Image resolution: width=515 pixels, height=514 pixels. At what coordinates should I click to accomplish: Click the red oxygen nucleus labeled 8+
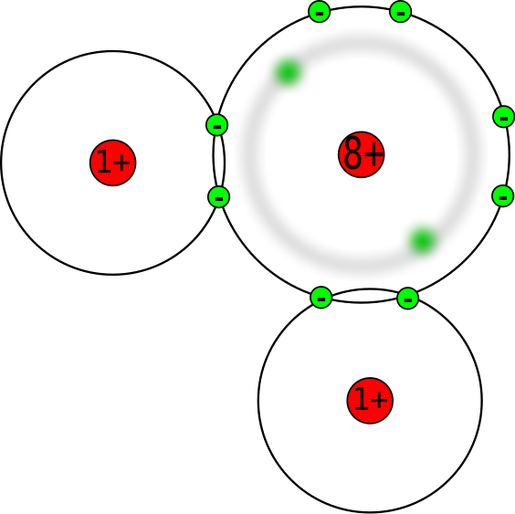click(x=362, y=154)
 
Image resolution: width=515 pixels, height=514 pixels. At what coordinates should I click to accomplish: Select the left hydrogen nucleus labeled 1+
click(x=113, y=163)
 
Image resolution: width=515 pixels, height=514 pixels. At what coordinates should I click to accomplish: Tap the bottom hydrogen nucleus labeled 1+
click(x=370, y=401)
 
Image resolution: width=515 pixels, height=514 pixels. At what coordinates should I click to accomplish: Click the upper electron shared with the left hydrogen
click(x=217, y=125)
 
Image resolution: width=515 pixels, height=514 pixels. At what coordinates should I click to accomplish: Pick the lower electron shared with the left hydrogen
click(x=219, y=197)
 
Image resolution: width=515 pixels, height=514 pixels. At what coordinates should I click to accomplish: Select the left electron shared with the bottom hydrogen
click(x=321, y=298)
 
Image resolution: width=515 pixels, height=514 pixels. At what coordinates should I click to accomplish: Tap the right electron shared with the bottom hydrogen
click(x=408, y=299)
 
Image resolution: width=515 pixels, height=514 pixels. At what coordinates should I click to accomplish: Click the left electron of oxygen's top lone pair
click(x=320, y=12)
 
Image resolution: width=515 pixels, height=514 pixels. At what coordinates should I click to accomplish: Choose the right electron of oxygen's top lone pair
click(x=401, y=12)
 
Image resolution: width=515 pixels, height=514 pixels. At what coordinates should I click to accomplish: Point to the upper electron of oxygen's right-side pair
click(x=504, y=117)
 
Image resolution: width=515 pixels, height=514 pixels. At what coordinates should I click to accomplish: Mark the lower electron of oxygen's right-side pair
click(x=503, y=196)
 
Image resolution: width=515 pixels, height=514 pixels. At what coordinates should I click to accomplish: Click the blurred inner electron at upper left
click(x=288, y=72)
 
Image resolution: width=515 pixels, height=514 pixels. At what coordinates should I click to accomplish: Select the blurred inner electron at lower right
click(x=423, y=241)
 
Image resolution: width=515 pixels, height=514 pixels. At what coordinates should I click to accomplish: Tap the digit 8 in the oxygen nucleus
click(x=352, y=153)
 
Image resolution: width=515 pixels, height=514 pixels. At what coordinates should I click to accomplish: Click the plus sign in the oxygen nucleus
click(x=373, y=154)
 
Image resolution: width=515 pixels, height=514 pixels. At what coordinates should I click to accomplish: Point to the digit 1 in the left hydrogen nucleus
click(x=105, y=161)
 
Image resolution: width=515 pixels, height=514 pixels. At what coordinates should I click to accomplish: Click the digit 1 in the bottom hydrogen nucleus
click(x=362, y=399)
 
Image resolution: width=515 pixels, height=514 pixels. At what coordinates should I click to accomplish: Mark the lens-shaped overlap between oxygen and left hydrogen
click(x=219, y=162)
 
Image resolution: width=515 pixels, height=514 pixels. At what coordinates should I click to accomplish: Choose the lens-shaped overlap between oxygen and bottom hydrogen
click(x=364, y=296)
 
